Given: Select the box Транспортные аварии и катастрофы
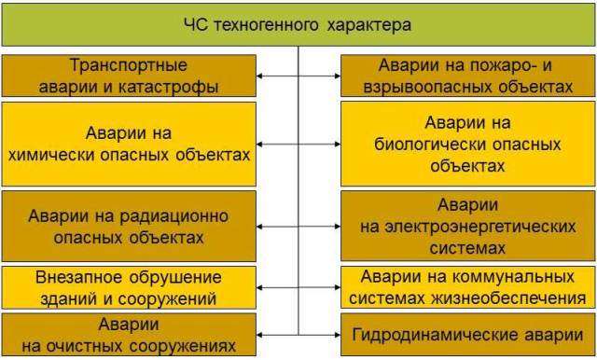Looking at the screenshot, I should pyautogui.click(x=129, y=76).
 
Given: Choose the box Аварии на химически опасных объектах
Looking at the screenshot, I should pyautogui.click(x=129, y=143).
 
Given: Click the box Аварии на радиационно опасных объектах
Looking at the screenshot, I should pyautogui.click(x=129, y=226).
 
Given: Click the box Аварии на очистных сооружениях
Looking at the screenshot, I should pyautogui.click(x=129, y=335).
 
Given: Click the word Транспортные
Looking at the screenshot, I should pyautogui.click(x=129, y=65).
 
